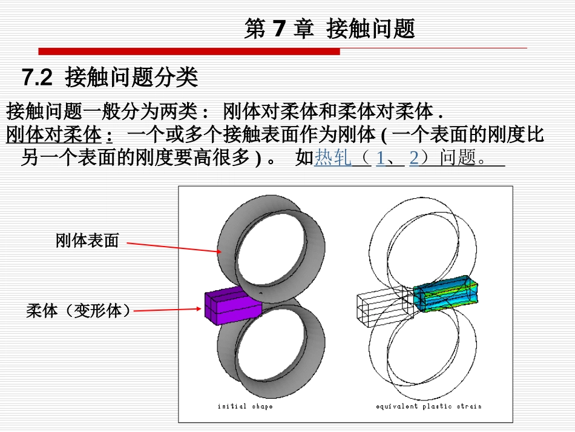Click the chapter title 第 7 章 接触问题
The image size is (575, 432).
(329, 28)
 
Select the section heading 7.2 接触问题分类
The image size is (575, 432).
(110, 78)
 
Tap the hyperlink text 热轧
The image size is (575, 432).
(332, 158)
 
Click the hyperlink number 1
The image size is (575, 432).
(380, 158)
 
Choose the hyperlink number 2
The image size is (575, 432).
(414, 158)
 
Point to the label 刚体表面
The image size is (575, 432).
(87, 241)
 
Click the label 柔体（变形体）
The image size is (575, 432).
(79, 311)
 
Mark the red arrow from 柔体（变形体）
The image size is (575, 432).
(167, 310)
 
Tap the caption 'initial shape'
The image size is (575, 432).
(245, 406)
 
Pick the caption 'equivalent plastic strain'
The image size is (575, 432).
(428, 406)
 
